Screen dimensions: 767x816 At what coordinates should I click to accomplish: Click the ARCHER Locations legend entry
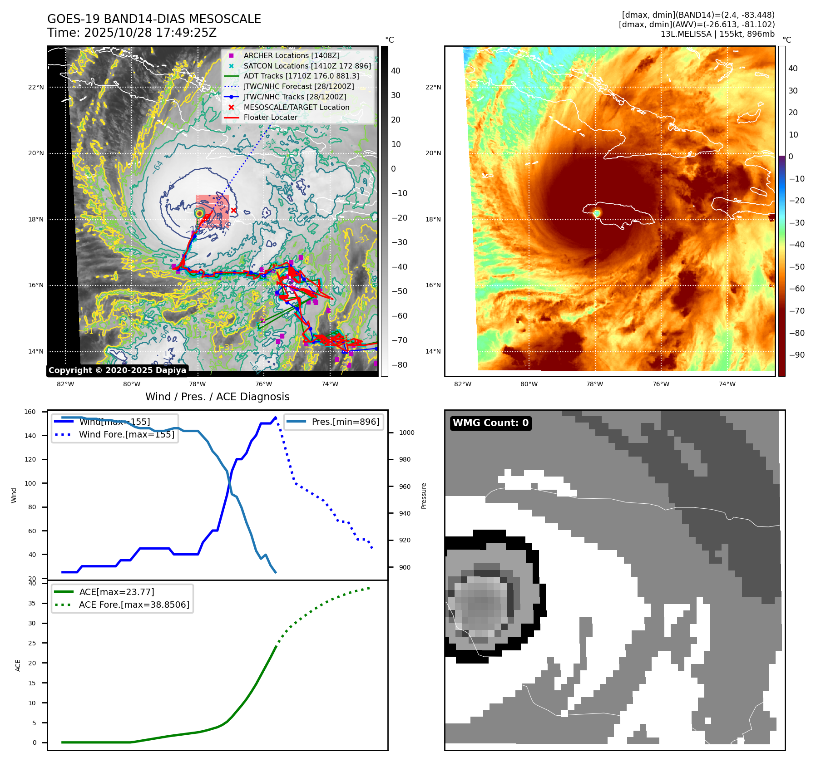coord(291,55)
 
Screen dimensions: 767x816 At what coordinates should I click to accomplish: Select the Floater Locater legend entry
coord(270,117)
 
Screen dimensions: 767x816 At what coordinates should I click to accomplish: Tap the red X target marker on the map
coord(233,210)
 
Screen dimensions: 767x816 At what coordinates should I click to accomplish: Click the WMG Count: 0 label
coord(490,423)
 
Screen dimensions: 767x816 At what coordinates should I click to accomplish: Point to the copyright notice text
coord(117,370)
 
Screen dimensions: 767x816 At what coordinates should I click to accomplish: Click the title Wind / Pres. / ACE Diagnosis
coord(217,397)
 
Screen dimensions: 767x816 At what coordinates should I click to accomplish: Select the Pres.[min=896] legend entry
coord(345,422)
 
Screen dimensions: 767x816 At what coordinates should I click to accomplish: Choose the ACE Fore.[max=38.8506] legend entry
coord(134,605)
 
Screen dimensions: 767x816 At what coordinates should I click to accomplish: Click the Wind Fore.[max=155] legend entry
coord(126,434)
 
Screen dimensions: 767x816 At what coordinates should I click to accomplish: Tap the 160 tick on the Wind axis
coord(30,412)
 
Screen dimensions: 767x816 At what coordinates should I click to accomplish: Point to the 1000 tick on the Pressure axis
coord(406,433)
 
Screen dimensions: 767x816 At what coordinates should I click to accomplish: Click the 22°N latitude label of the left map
coord(36,87)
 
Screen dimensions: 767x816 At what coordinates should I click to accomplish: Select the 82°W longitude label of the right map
coord(463,384)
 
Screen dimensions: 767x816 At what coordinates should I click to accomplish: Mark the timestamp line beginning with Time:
coord(132,33)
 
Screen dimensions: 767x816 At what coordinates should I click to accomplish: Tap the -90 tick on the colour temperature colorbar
coord(796,355)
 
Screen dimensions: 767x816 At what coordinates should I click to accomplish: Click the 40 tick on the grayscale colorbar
coord(396,71)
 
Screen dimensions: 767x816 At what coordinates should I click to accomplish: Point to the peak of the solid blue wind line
coord(275,418)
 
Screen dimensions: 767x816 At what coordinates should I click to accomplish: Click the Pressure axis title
coord(424,496)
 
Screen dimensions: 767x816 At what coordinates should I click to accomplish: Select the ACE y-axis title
coord(18,665)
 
